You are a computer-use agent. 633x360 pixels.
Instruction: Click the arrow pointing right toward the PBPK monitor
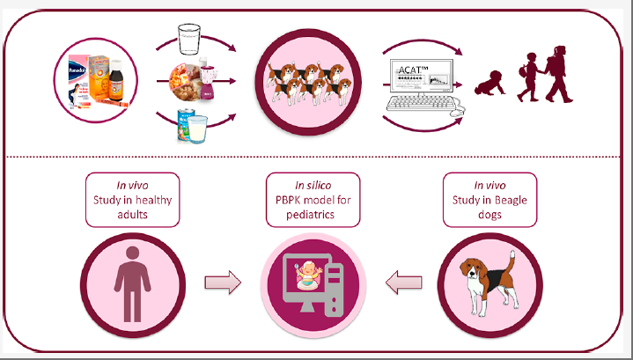click(x=223, y=283)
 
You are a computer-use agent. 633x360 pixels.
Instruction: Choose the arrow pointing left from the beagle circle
click(x=403, y=283)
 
